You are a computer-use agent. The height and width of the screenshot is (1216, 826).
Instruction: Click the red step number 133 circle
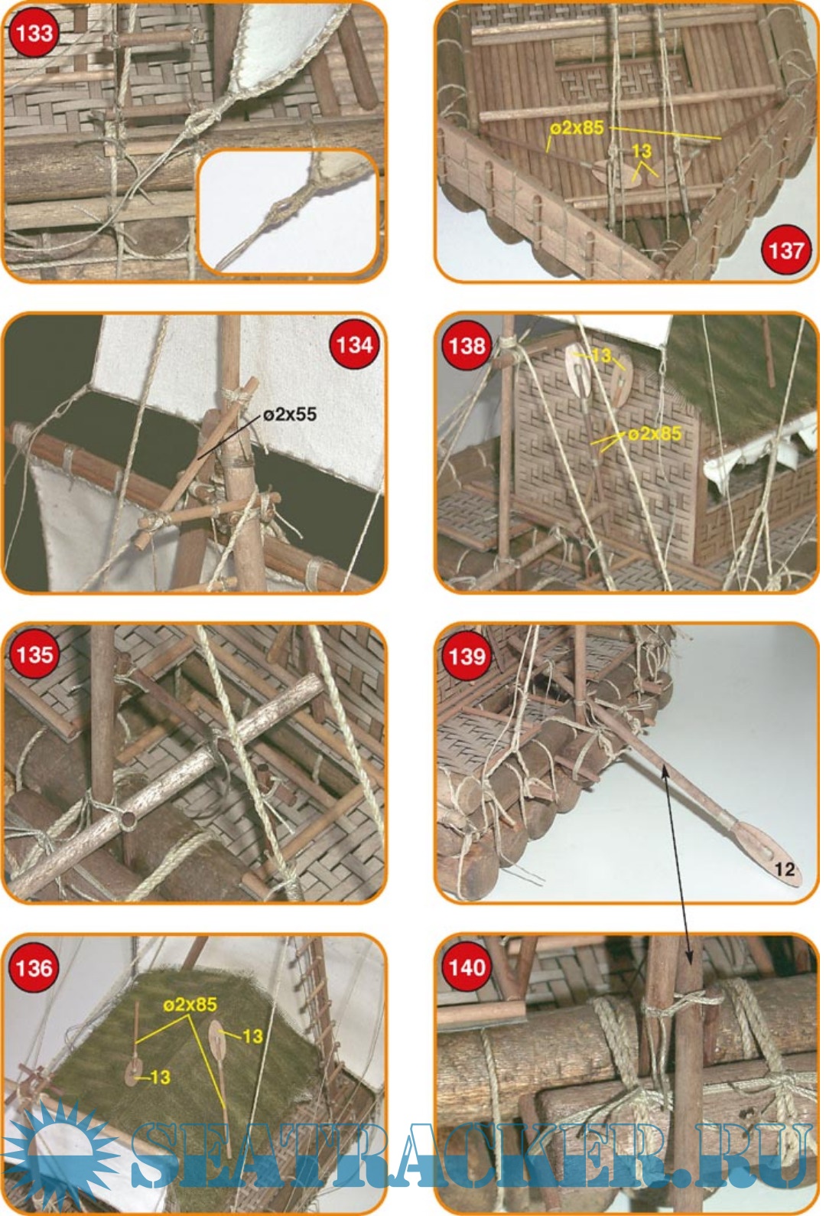pyautogui.click(x=34, y=34)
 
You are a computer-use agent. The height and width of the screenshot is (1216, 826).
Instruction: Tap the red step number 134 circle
pyautogui.click(x=353, y=345)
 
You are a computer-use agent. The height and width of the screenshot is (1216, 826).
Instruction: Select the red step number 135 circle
pyautogui.click(x=34, y=655)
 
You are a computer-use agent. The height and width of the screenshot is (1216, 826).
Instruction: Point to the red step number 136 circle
pyautogui.click(x=34, y=968)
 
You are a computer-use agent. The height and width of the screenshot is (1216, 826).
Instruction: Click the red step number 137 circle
pyautogui.click(x=785, y=250)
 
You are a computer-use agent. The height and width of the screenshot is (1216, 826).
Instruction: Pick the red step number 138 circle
pyautogui.click(x=467, y=345)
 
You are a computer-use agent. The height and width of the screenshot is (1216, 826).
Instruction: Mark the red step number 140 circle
pyautogui.click(x=467, y=968)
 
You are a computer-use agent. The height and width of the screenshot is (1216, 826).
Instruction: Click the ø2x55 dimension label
pyautogui.click(x=290, y=415)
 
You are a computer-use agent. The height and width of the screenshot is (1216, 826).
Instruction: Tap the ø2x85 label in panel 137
pyautogui.click(x=577, y=128)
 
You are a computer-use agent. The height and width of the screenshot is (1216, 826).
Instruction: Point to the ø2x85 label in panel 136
pyautogui.click(x=190, y=1004)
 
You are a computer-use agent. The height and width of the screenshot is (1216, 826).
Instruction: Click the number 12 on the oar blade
pyautogui.click(x=785, y=869)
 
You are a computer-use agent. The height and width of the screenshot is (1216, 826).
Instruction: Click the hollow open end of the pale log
pyautogui.click(x=128, y=820)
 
